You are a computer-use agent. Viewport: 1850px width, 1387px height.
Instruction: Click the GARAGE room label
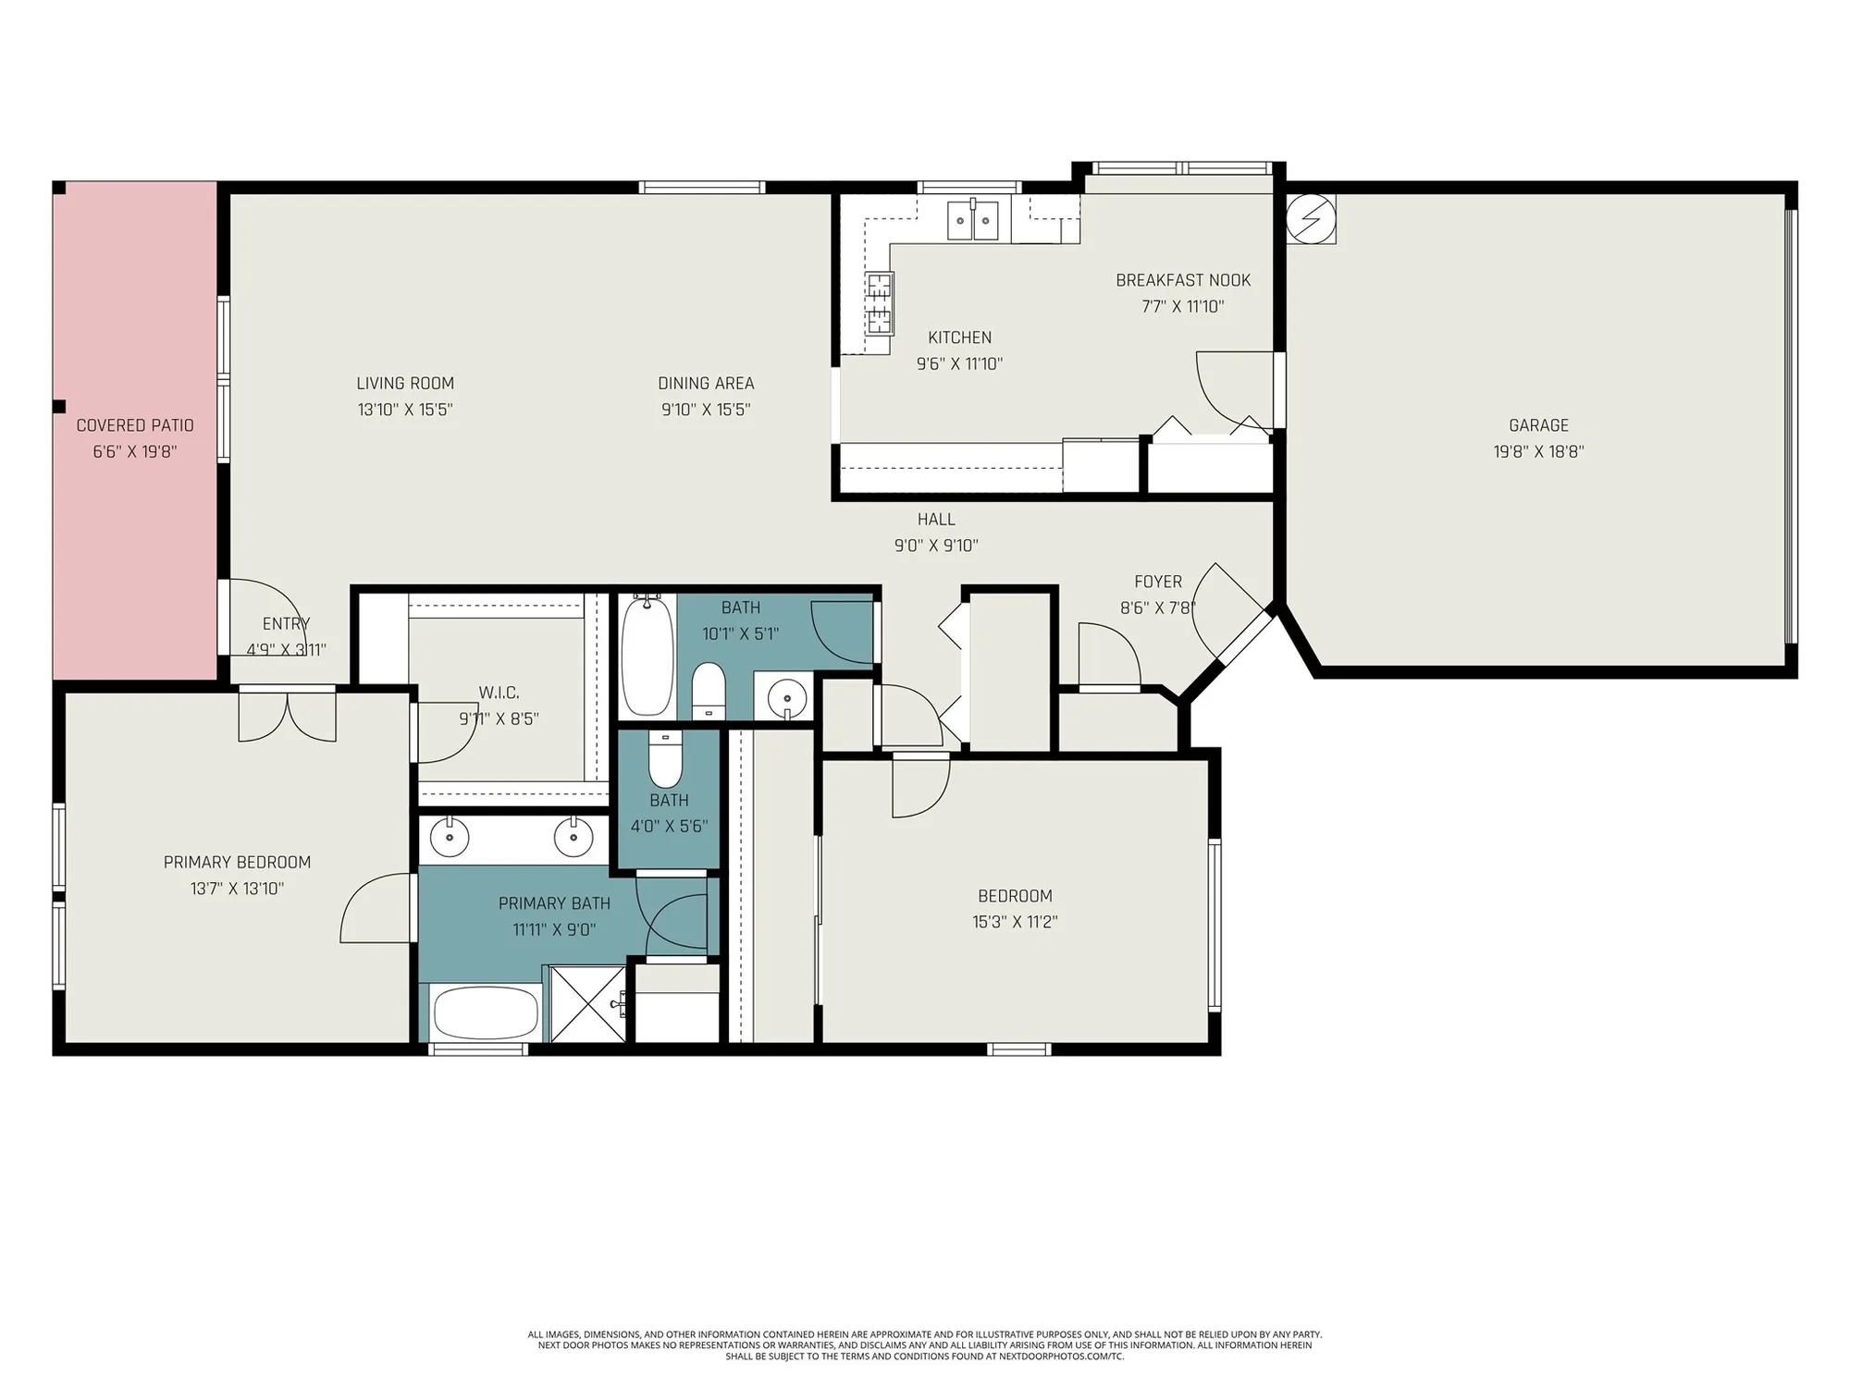click(x=1538, y=425)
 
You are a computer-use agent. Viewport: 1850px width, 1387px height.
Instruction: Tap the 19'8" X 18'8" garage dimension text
click(x=1538, y=452)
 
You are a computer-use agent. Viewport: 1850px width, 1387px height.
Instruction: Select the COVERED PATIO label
click(x=135, y=425)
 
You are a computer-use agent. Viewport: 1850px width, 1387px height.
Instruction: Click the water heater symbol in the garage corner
click(x=1312, y=219)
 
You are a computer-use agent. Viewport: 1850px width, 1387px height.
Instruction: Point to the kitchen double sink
click(x=973, y=220)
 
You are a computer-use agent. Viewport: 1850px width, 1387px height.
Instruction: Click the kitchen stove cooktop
click(x=880, y=303)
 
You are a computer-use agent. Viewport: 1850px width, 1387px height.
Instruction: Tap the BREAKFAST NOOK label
click(x=1182, y=280)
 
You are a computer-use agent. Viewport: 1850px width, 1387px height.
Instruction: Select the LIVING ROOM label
click(x=405, y=383)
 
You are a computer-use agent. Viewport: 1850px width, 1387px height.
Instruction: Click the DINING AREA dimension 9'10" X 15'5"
click(x=706, y=410)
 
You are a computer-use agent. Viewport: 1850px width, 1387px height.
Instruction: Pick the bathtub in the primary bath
click(x=486, y=1013)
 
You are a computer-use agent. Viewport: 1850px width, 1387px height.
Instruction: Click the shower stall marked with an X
click(x=588, y=1004)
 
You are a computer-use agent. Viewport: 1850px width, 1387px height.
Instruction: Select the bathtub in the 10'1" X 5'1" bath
click(x=647, y=657)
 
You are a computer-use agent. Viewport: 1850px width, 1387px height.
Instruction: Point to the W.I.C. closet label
click(x=499, y=693)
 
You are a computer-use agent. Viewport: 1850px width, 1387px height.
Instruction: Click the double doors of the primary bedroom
click(x=288, y=715)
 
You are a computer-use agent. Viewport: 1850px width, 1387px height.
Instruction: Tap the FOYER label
click(x=1158, y=582)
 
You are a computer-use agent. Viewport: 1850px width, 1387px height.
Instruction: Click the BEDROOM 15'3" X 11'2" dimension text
click(x=1015, y=922)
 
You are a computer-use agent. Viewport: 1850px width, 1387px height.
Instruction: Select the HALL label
click(x=936, y=520)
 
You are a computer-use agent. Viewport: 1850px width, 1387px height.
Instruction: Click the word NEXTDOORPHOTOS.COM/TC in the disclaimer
click(x=1062, y=1357)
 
